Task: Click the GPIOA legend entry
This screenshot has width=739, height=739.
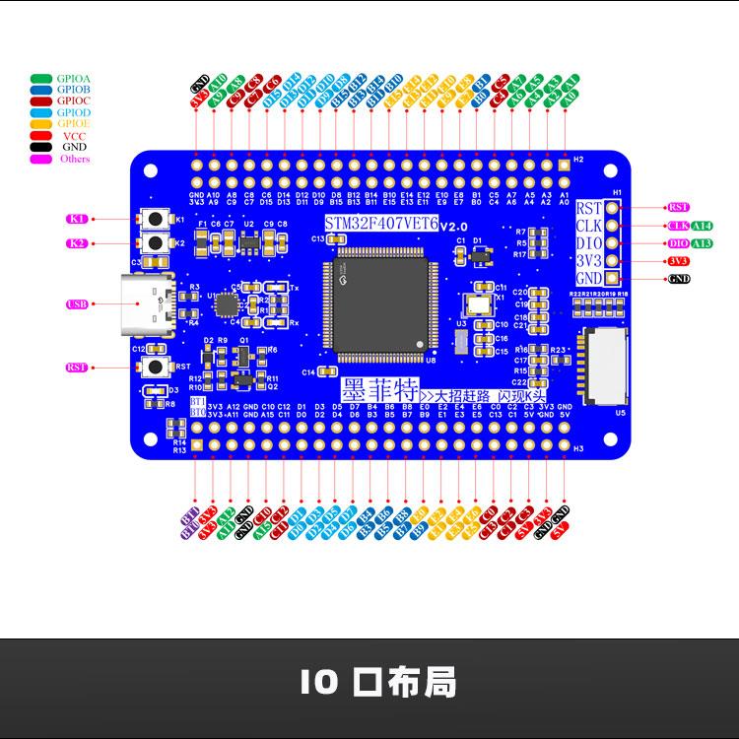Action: (59, 77)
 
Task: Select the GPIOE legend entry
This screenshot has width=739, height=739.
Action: (59, 124)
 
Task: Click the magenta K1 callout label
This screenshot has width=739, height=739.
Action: (77, 218)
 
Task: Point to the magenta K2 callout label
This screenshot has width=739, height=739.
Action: (77, 242)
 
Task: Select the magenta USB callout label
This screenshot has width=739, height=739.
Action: (77, 304)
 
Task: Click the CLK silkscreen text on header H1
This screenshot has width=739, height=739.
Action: (589, 226)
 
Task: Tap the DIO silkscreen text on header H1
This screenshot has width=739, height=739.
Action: (589, 243)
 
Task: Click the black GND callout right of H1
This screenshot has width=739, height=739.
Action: (679, 280)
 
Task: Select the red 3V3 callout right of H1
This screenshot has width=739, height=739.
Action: (679, 261)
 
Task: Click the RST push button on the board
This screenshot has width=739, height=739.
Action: (155, 367)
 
